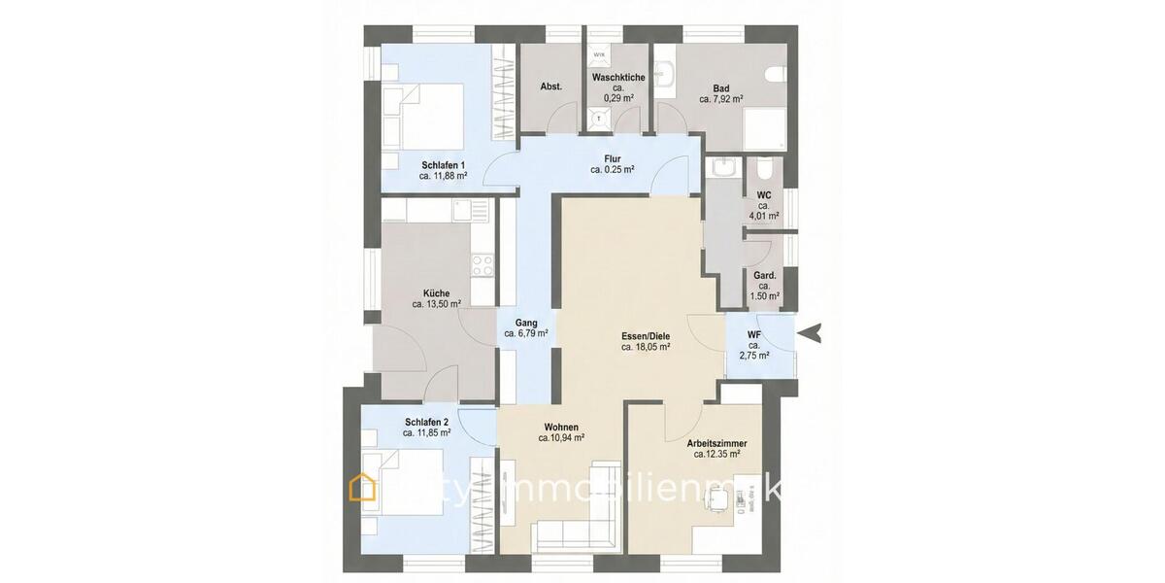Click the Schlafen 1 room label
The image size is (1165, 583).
point(443,164)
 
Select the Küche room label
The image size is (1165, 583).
point(436,292)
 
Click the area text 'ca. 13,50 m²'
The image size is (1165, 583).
point(436,304)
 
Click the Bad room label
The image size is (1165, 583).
point(720,87)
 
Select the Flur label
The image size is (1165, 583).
point(612,158)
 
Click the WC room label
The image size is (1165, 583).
point(763,194)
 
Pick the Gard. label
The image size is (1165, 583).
point(764,275)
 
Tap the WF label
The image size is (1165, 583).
point(753,336)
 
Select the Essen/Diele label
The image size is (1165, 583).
point(646,334)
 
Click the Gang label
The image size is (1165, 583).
point(526,322)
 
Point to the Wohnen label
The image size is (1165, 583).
point(561,427)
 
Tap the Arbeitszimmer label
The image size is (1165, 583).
point(717,442)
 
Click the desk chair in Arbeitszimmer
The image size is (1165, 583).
point(718,500)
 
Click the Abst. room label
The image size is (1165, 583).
point(550,86)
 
